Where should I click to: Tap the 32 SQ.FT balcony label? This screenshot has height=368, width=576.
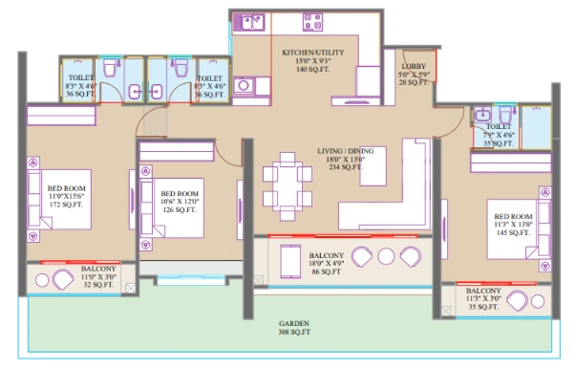99,277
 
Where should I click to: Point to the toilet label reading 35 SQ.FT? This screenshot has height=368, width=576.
500,135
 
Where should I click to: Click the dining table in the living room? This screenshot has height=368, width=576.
287,185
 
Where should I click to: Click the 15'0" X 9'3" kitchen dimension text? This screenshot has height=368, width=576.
312,61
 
